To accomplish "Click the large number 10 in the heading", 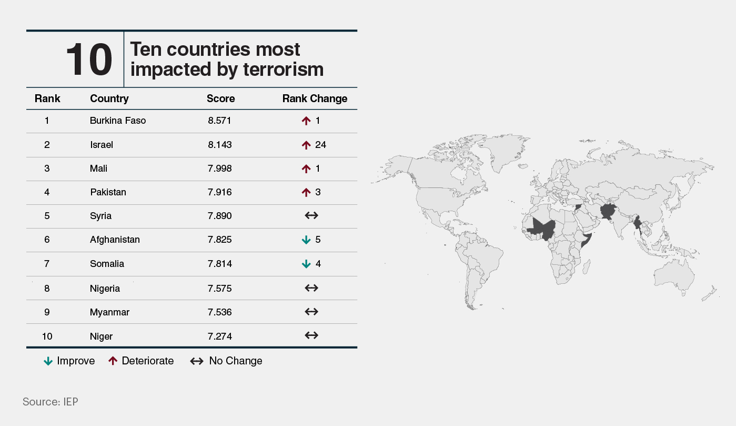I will tap(89, 60).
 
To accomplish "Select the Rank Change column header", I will tap(315, 98).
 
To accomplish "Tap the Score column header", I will tap(220, 98).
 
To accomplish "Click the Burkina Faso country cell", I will tap(118, 121).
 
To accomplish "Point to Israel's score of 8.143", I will tap(220, 145).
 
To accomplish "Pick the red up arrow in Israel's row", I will tap(306, 145).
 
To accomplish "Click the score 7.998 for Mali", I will tap(220, 169).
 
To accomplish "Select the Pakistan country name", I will tap(108, 192).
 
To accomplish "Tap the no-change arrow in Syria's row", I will tap(311, 216).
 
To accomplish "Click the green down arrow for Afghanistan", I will tap(306, 240).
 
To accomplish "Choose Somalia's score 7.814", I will tap(220, 264).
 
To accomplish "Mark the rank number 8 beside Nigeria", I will tap(47, 288).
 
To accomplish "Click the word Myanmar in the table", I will tap(109, 312).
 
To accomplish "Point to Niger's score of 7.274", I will tap(220, 336).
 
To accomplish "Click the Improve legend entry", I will tap(69, 361).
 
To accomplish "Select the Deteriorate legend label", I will tap(141, 361).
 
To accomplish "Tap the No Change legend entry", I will tap(226, 361).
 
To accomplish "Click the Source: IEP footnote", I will tap(51, 402).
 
